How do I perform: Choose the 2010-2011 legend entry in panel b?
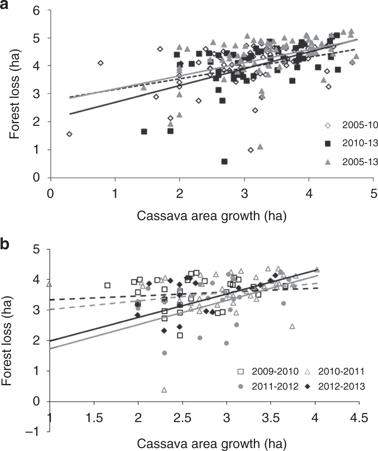pos(335,371)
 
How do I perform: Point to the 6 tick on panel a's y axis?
pos(38,11)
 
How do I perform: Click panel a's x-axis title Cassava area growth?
pos(212,216)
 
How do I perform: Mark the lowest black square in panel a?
pos(224,162)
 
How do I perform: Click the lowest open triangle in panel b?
pos(164,390)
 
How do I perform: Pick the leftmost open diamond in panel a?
pos(69,134)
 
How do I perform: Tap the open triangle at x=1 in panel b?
pos(49,284)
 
